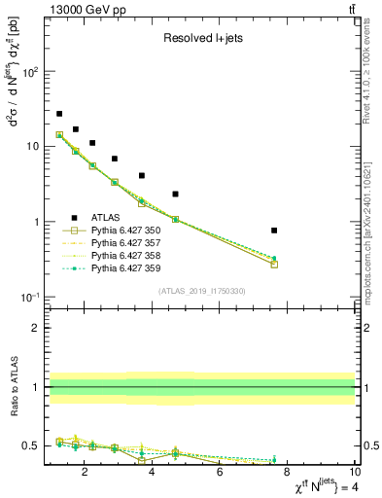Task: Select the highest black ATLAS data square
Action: pos(59,114)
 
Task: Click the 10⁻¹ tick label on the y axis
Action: pos(30,297)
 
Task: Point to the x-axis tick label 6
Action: pos(220,474)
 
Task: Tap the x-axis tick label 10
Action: pos(354,474)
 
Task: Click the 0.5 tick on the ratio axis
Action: pos(32,445)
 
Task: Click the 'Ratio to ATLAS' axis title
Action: pos(14,388)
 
